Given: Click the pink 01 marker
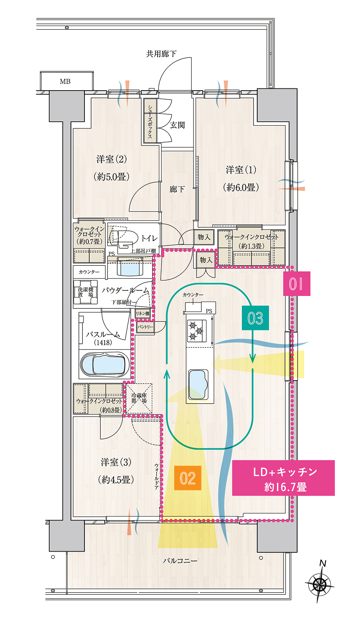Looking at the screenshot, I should pyautogui.click(x=297, y=284).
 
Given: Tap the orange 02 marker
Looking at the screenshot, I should pyautogui.click(x=188, y=478).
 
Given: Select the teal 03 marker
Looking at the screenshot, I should pyautogui.click(x=255, y=318).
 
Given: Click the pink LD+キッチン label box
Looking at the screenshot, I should pyautogui.click(x=283, y=478).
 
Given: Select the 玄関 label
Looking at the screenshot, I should pyautogui.click(x=177, y=125).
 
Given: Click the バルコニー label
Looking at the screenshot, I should pyautogui.click(x=180, y=561).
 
